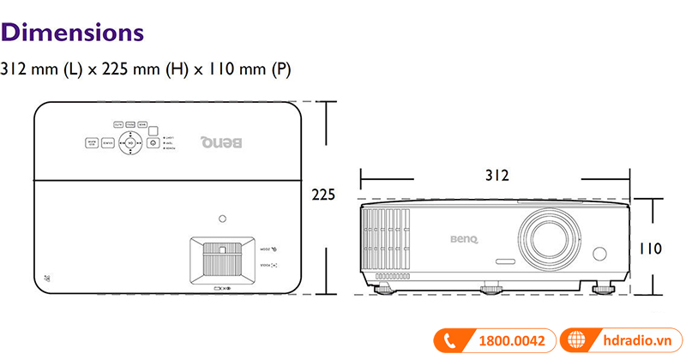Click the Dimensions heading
coord(72,33)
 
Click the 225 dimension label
coord(323,195)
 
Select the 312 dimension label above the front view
coord(496,176)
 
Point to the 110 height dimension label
coord(649,249)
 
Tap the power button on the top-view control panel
coord(153,143)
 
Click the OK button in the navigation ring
coord(130,143)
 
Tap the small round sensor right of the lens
coord(599,255)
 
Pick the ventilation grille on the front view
coord(388,242)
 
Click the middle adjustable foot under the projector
coord(490,290)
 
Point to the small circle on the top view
coord(223,218)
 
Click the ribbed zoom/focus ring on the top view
coord(222,260)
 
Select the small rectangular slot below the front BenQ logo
coord(504,261)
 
